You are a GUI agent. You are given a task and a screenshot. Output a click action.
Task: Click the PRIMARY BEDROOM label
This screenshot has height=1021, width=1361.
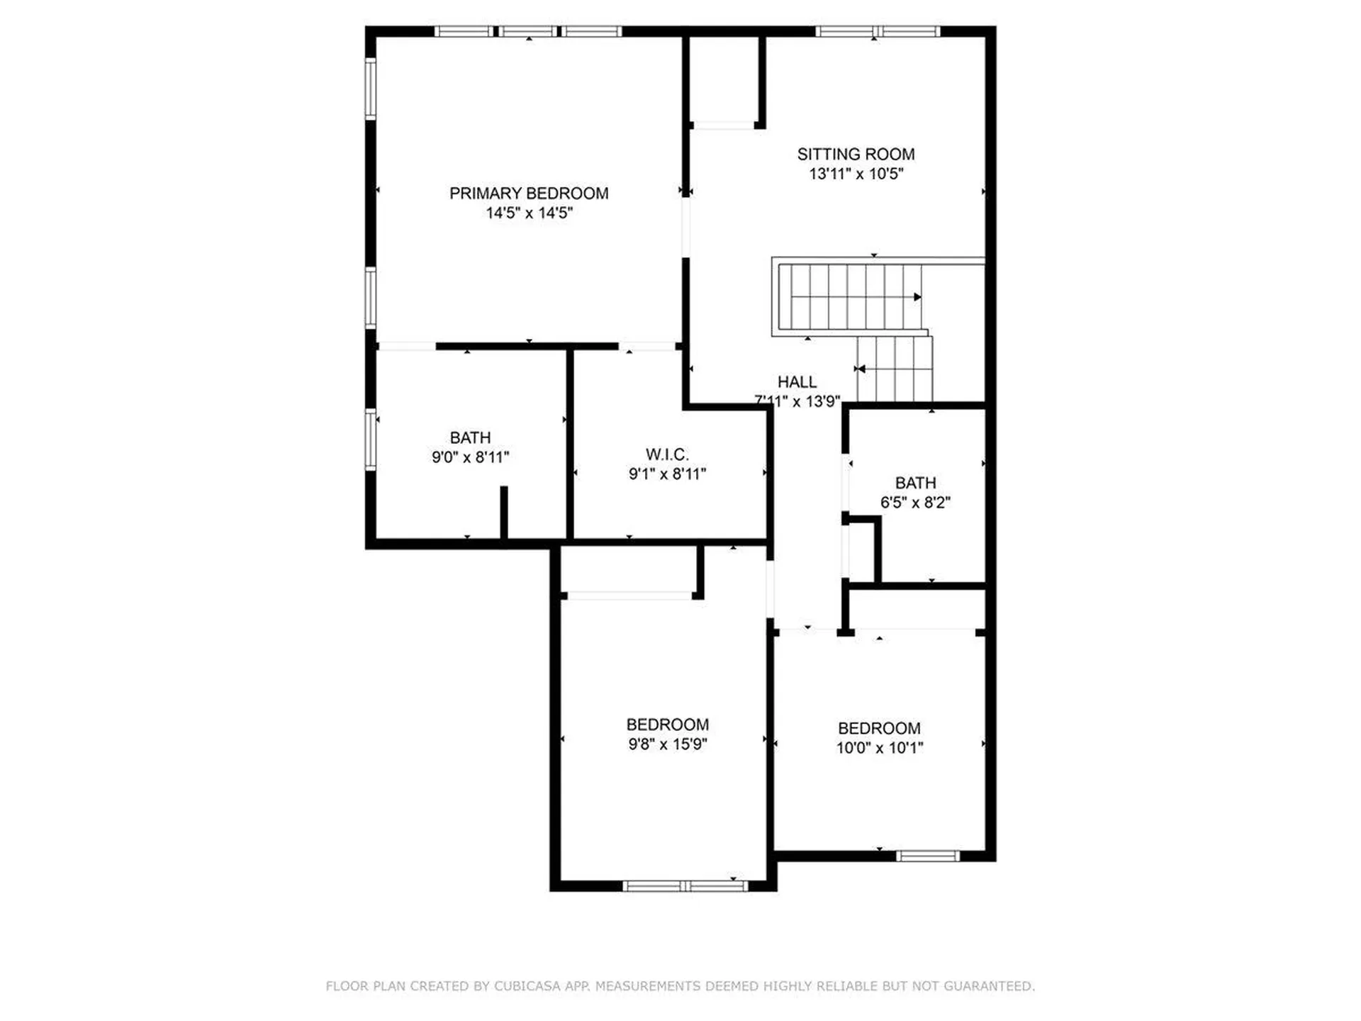[x=529, y=193]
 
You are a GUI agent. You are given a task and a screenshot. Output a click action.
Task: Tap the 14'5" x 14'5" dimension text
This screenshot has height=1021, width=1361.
[x=529, y=213]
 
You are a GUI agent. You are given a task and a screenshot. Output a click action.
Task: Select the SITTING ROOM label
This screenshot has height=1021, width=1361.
[x=856, y=154]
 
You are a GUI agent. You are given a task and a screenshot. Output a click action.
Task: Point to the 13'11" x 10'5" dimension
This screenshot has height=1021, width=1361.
[x=856, y=174]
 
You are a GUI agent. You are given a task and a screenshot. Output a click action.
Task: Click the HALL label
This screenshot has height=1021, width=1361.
[x=797, y=381]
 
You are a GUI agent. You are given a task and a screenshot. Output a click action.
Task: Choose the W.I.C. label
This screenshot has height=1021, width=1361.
[x=667, y=454]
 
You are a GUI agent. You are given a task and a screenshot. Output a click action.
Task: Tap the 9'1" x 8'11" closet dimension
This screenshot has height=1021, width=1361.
[x=667, y=474]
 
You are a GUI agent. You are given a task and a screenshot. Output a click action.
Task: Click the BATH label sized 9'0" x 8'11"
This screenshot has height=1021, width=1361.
[x=470, y=437]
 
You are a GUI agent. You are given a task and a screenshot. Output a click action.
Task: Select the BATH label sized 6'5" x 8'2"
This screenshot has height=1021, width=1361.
[x=915, y=483]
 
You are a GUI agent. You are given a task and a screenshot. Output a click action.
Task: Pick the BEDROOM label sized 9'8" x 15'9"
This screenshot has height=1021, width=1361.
[x=667, y=724]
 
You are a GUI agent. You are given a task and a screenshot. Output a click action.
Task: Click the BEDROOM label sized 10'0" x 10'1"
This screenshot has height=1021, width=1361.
[x=879, y=727]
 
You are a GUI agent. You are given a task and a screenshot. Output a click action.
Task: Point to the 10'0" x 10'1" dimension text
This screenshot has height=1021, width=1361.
[x=879, y=747]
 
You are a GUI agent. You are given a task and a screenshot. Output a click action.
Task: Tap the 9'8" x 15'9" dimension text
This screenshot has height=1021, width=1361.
[x=667, y=744]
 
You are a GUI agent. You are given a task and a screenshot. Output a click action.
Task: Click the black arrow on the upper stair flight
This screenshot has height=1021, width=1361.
[x=917, y=297]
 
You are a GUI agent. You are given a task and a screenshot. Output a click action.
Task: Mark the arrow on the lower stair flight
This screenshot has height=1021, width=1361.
[x=861, y=369]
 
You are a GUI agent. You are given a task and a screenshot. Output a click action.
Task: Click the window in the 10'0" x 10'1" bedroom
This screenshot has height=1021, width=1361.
[x=927, y=856]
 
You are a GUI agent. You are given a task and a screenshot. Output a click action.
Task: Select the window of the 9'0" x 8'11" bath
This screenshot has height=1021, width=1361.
[x=371, y=440]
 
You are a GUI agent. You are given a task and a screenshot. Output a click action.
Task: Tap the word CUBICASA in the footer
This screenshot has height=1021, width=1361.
[x=528, y=986]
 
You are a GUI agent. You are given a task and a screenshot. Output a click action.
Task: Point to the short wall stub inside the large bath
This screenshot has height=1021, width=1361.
[x=504, y=512]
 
